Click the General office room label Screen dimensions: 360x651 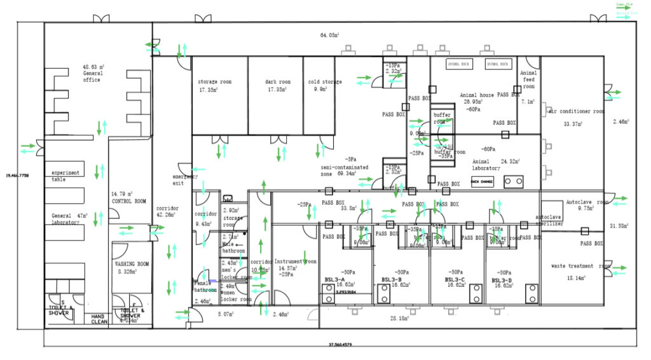(92, 73)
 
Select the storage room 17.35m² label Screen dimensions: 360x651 (214, 82)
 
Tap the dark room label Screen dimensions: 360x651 (278, 82)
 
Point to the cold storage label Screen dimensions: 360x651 (324, 82)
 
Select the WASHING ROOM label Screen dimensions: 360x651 (132, 263)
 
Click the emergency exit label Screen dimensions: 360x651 (185, 179)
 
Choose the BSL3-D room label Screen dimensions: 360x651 (502, 280)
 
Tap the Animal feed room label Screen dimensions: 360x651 (528, 80)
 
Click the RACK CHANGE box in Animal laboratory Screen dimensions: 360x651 (482, 181)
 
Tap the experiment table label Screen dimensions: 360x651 (65, 176)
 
